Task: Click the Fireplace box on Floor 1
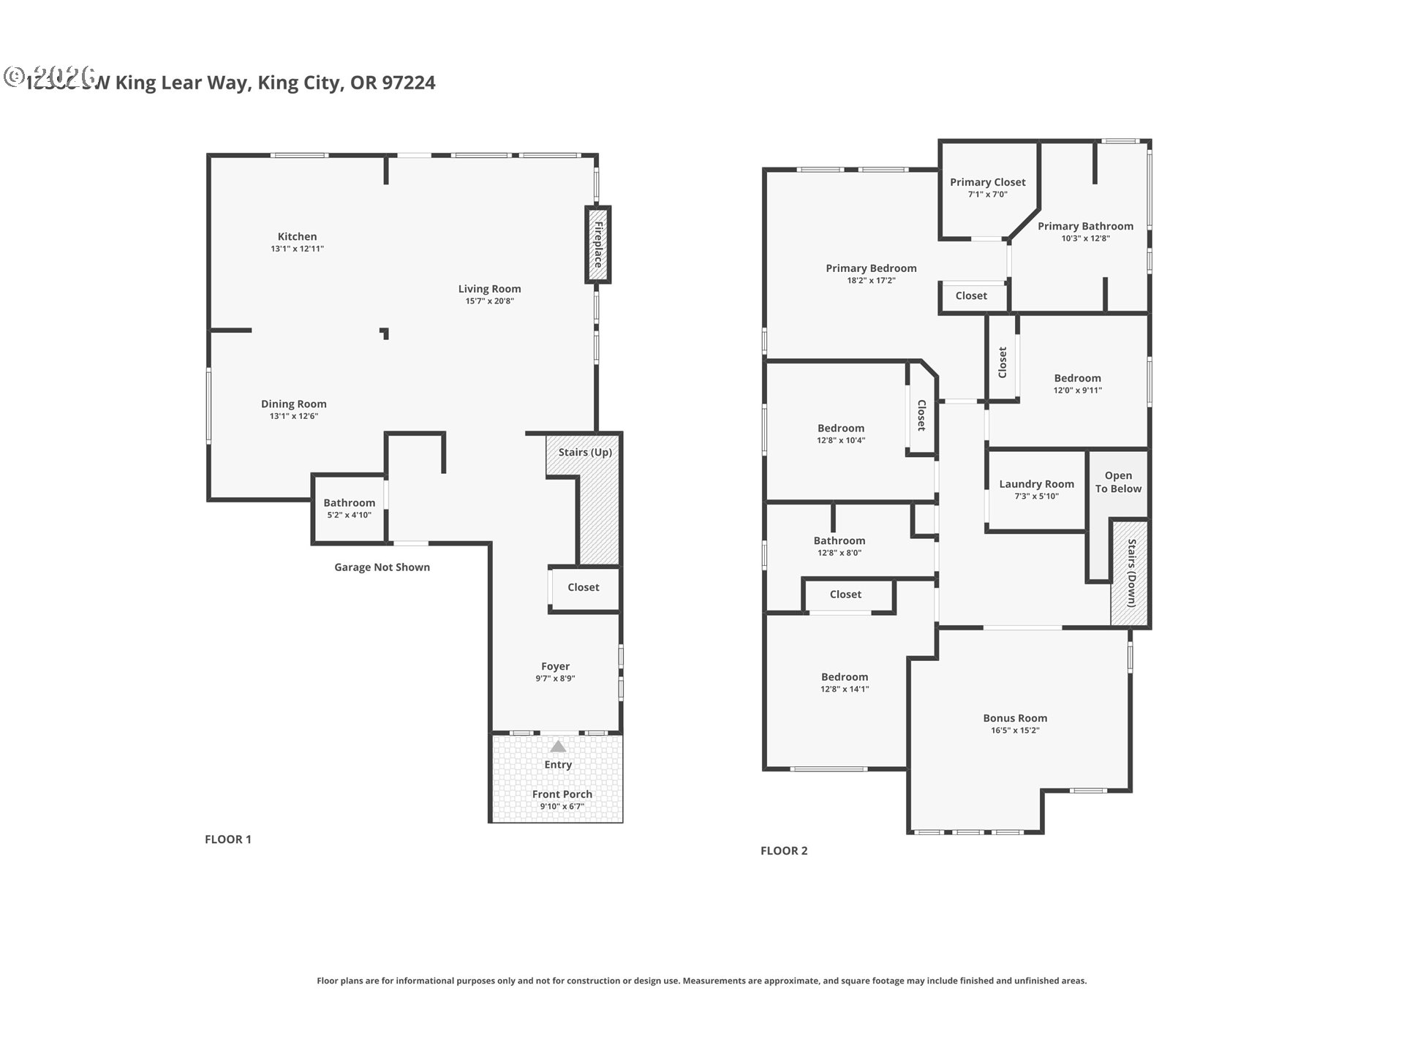(x=597, y=245)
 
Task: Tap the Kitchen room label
(x=297, y=236)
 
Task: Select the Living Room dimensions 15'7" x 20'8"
(x=489, y=301)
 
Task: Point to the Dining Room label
(x=293, y=404)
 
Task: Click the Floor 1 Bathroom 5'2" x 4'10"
(x=349, y=508)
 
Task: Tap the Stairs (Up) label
(x=585, y=452)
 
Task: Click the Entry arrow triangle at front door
(x=558, y=747)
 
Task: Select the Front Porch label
(x=562, y=794)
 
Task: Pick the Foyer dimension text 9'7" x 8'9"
(x=555, y=679)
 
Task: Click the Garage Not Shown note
(x=382, y=567)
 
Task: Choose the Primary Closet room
(x=987, y=187)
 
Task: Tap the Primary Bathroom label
(x=1085, y=226)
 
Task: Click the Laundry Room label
(x=1036, y=484)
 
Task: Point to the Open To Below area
(x=1117, y=482)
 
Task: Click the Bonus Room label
(x=1015, y=718)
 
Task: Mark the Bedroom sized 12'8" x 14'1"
(x=845, y=682)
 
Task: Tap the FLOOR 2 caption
(x=784, y=850)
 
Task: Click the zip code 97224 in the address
(x=409, y=83)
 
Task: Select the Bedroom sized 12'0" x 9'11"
(x=1077, y=383)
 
